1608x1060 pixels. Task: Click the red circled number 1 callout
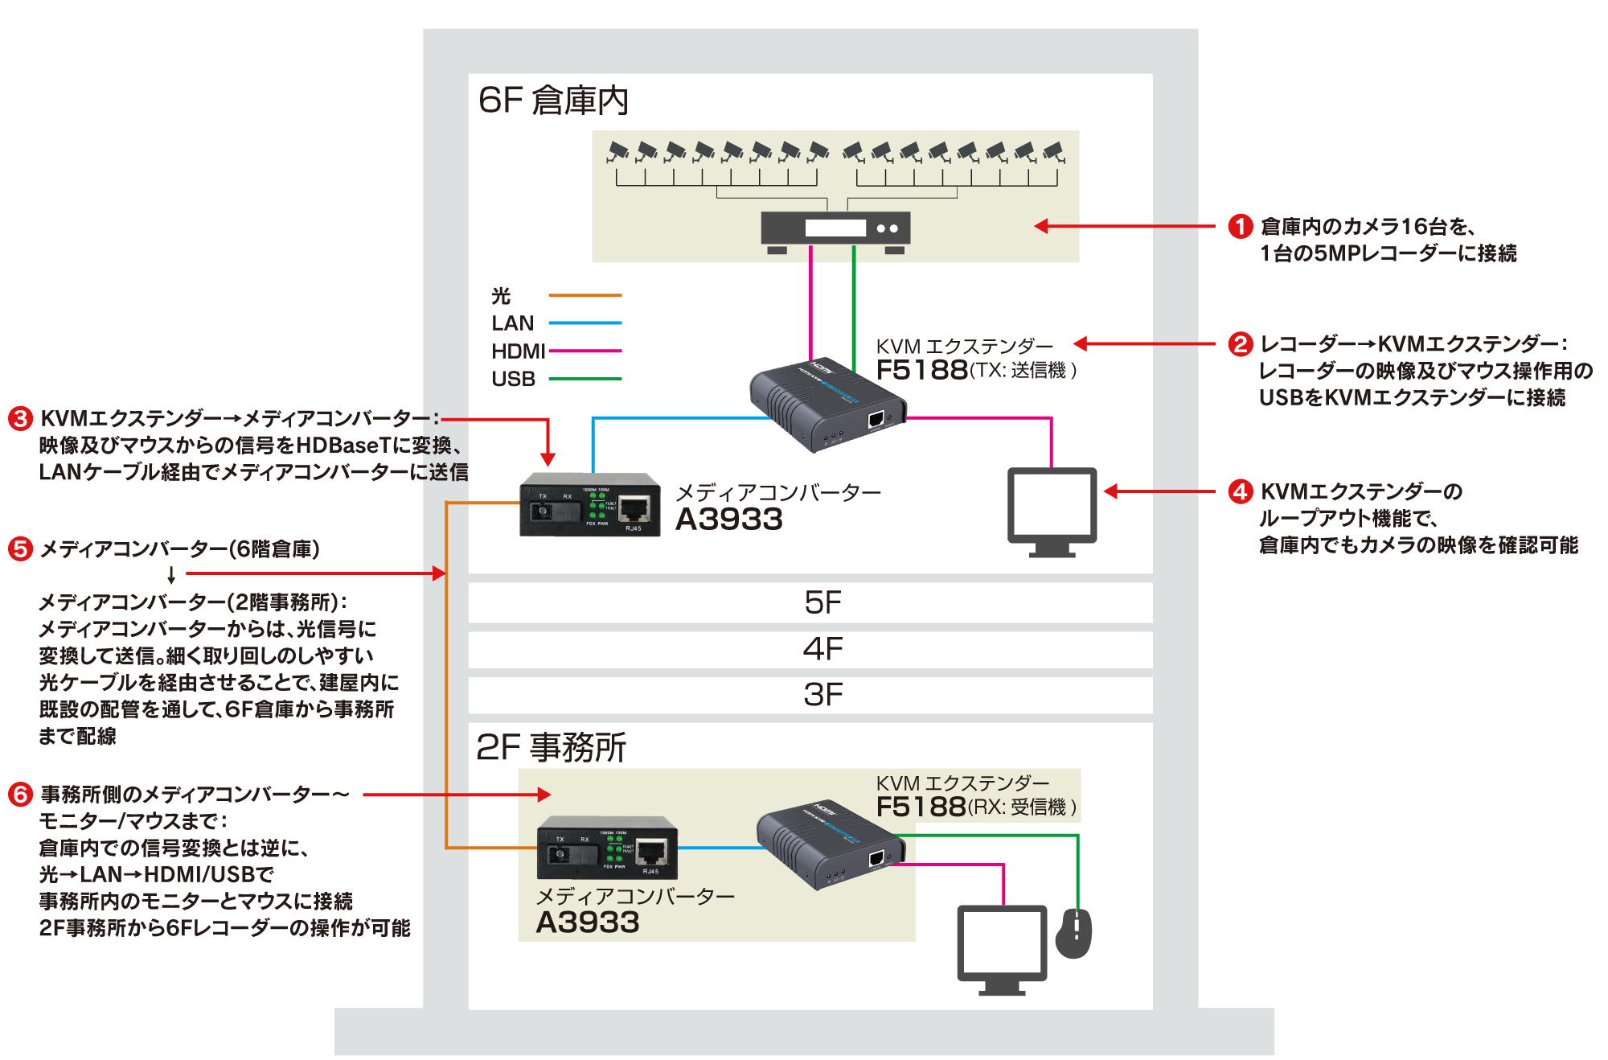[x=1240, y=226]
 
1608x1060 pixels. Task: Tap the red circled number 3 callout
[x=20, y=418]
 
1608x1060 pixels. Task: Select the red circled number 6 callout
[x=20, y=795]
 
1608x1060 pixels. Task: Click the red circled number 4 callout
[x=1240, y=491]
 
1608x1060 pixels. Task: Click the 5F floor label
[x=822, y=602]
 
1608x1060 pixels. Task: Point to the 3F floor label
[x=822, y=694]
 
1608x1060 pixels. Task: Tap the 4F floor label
[x=822, y=648]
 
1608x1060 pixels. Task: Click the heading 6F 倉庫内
[x=553, y=101]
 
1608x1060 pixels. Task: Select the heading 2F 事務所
[x=551, y=747]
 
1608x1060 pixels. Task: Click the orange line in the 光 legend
[x=585, y=296]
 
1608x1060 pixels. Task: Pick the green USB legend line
[x=585, y=379]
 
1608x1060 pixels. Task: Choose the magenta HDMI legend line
[x=585, y=351]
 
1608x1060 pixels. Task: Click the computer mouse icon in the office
[x=1074, y=933]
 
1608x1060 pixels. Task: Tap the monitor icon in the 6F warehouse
[x=1052, y=512]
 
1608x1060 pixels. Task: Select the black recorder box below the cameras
[x=835, y=229]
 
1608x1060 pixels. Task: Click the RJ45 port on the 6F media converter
[x=635, y=509]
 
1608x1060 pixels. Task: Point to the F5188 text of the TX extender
[x=921, y=370]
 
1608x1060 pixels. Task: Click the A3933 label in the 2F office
[x=588, y=922]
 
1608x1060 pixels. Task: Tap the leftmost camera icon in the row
[x=617, y=152]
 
